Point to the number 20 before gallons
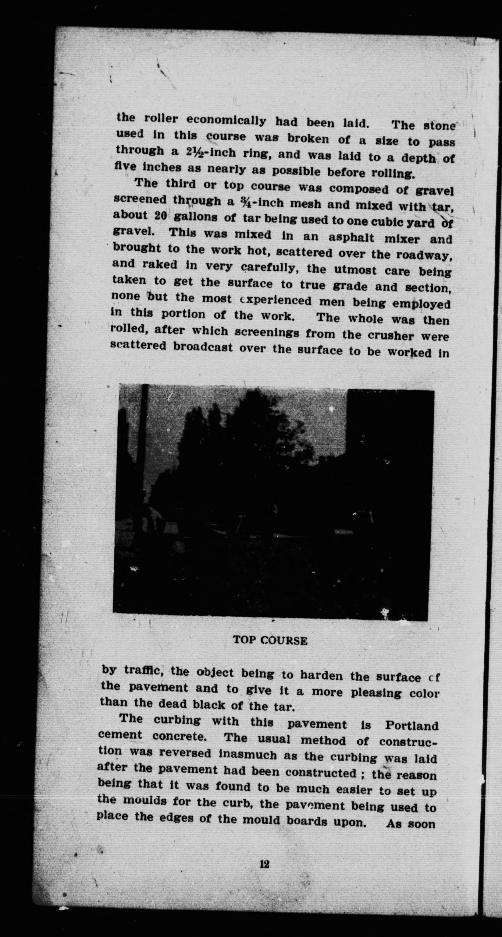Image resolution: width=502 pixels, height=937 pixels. pyautogui.click(x=160, y=216)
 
